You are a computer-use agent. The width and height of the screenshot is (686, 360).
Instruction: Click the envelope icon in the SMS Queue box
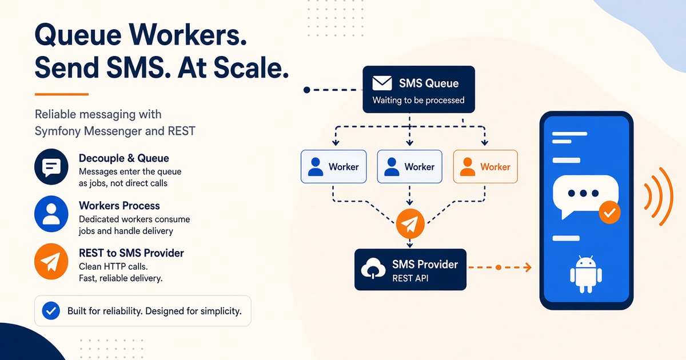tap(382, 83)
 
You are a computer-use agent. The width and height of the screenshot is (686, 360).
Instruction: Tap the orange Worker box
tap(485, 166)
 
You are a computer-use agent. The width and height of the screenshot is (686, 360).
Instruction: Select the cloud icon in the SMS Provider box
tap(373, 268)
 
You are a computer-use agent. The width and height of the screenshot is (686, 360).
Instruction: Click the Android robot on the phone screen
tap(586, 274)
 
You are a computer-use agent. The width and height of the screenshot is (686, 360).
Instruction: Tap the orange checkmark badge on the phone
tap(609, 212)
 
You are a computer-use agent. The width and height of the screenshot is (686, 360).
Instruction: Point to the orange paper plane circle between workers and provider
tap(410, 223)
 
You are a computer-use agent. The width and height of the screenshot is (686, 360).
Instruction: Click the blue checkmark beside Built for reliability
tap(51, 311)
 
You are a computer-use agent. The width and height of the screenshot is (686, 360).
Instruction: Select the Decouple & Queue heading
tap(123, 158)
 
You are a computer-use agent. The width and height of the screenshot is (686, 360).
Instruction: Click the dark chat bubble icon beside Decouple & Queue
tap(51, 166)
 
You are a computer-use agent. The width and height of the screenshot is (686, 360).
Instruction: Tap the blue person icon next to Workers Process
tap(51, 214)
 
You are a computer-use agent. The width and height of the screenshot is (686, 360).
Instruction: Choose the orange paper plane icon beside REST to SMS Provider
tap(51, 261)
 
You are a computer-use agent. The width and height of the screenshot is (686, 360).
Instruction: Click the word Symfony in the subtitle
tap(58, 131)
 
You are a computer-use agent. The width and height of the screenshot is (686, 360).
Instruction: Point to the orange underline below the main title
tap(62, 94)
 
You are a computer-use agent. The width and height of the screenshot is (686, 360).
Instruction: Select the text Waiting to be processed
tap(418, 100)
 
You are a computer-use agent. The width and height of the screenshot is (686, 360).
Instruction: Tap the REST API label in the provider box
tap(410, 278)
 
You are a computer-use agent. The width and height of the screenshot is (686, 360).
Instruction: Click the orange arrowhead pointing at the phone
tap(528, 267)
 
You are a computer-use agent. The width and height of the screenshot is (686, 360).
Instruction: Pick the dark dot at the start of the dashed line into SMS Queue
tap(306, 90)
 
